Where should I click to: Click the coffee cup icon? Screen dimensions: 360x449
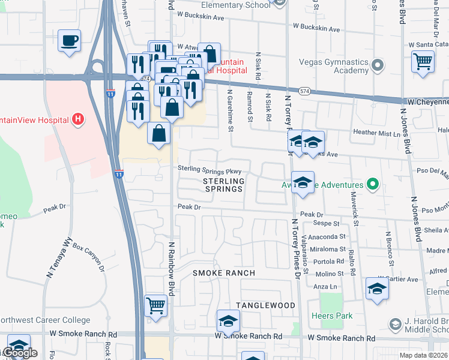(70, 41)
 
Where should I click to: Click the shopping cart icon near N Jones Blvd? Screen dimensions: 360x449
(423, 61)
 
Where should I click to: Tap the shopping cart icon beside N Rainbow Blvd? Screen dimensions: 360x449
(155, 305)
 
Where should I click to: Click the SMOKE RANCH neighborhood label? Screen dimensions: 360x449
(224, 273)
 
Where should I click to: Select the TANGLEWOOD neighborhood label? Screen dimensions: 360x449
(265, 305)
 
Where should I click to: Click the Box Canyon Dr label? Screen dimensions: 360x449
(88, 255)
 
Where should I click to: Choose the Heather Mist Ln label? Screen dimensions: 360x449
(377, 133)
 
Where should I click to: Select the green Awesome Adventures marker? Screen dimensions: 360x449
(373, 185)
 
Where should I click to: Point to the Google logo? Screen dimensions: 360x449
(20, 353)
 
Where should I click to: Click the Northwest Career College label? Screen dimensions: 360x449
(45, 320)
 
